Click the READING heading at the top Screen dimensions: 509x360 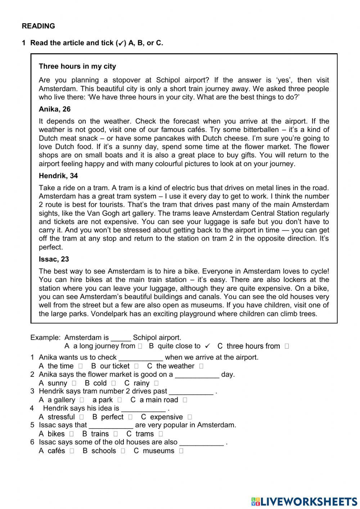(38, 26)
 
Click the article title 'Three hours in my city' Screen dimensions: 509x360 (77, 66)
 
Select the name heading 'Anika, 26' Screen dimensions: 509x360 (55, 109)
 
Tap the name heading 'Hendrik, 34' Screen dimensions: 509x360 (58, 176)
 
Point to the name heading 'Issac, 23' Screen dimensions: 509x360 (54, 259)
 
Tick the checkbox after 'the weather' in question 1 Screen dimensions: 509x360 (201, 366)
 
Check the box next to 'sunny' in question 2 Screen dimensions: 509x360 (74, 383)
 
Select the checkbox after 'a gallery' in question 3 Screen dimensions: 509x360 (82, 400)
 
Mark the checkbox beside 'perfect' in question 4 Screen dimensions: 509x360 (130, 417)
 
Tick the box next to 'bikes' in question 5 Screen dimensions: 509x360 (72, 434)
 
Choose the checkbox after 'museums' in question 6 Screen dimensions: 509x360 (181, 451)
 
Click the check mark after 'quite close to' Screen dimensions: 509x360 (207, 346)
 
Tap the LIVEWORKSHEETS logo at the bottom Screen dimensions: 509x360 (304, 501)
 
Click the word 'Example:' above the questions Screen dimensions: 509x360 (45, 338)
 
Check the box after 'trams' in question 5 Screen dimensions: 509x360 (161, 434)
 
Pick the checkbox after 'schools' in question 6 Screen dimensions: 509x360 (123, 451)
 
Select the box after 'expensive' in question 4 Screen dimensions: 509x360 (190, 417)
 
